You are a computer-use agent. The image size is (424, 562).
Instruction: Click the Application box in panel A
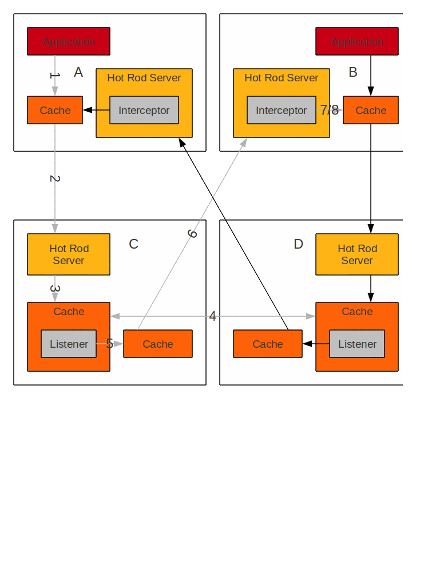[x=69, y=41]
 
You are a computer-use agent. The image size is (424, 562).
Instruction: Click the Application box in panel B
[x=357, y=41]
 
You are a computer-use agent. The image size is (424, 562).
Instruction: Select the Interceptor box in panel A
[x=144, y=110]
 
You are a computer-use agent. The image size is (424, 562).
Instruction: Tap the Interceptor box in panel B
[x=282, y=110]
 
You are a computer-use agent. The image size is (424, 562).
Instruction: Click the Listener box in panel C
[x=69, y=344]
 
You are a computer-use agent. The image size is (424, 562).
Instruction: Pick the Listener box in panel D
[x=357, y=344]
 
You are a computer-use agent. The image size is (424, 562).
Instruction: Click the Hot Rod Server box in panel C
[x=69, y=254]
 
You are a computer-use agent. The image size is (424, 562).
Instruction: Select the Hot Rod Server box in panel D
[x=357, y=254]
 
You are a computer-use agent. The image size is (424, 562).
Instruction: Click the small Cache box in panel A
[x=55, y=110]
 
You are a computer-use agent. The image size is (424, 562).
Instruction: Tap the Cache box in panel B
[x=371, y=110]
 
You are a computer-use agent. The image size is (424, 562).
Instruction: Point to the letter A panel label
[x=78, y=72]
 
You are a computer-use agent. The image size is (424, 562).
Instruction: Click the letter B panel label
[x=353, y=72]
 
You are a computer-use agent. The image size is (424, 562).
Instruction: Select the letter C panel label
[x=133, y=244]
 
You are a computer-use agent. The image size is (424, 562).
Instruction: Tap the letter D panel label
[x=298, y=244]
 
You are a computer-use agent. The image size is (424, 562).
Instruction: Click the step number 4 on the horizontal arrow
[x=212, y=316]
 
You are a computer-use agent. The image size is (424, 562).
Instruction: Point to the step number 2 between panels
[x=55, y=179]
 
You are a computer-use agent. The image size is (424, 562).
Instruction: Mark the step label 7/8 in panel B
[x=329, y=110]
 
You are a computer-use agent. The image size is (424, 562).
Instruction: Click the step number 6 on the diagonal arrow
[x=192, y=234]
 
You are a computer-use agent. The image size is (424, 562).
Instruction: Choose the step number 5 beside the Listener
[x=109, y=344]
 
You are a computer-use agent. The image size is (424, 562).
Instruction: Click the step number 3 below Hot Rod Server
[x=55, y=289]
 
